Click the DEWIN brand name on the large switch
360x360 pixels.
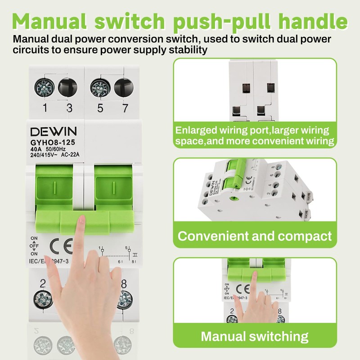coord(54,131)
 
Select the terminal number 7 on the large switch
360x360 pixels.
coord(119,108)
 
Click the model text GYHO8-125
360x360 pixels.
coord(53,142)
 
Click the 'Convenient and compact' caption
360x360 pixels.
coord(255,236)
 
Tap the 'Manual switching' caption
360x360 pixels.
coord(254,336)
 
